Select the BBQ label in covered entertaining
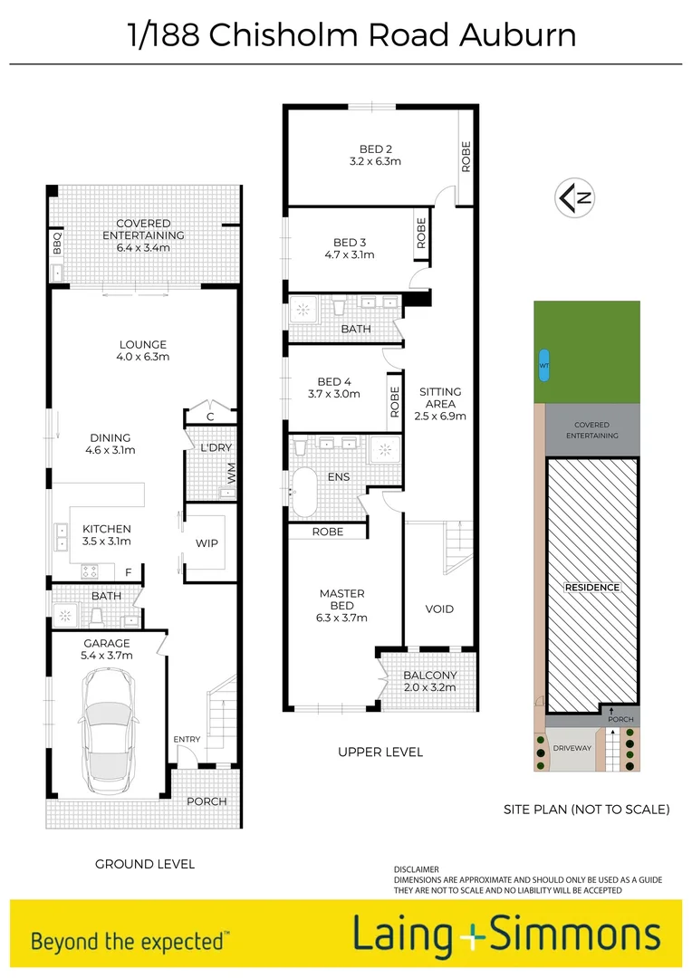(x=56, y=242)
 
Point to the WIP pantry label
(x=207, y=543)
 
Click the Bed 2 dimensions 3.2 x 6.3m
(x=375, y=161)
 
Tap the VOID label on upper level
(x=439, y=609)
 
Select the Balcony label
(x=429, y=676)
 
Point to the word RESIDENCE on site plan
(x=592, y=588)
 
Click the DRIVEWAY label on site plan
(x=572, y=748)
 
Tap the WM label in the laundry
(x=230, y=472)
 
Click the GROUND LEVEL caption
(x=145, y=864)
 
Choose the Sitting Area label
(x=440, y=392)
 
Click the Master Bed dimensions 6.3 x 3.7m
(x=341, y=618)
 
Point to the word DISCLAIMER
(x=417, y=869)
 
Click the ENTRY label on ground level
(x=187, y=740)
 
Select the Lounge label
(x=143, y=344)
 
